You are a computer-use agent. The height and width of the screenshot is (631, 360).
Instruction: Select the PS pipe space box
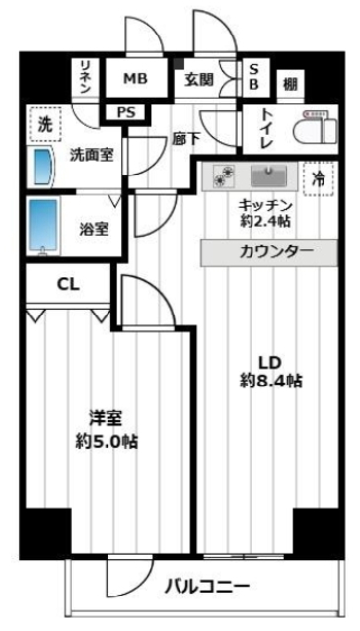coord(126,112)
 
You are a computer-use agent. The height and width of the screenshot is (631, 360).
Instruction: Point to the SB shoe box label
coord(253,77)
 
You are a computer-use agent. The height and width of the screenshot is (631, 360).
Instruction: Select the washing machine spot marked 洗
coord(44,124)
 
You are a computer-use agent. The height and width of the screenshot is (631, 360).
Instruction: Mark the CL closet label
coord(68,285)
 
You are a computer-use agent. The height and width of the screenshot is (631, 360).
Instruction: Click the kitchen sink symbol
coord(266,177)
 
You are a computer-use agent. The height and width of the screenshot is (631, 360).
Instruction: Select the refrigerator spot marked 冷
coord(318,178)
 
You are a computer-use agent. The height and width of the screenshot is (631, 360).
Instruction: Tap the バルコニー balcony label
coord(206,588)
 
